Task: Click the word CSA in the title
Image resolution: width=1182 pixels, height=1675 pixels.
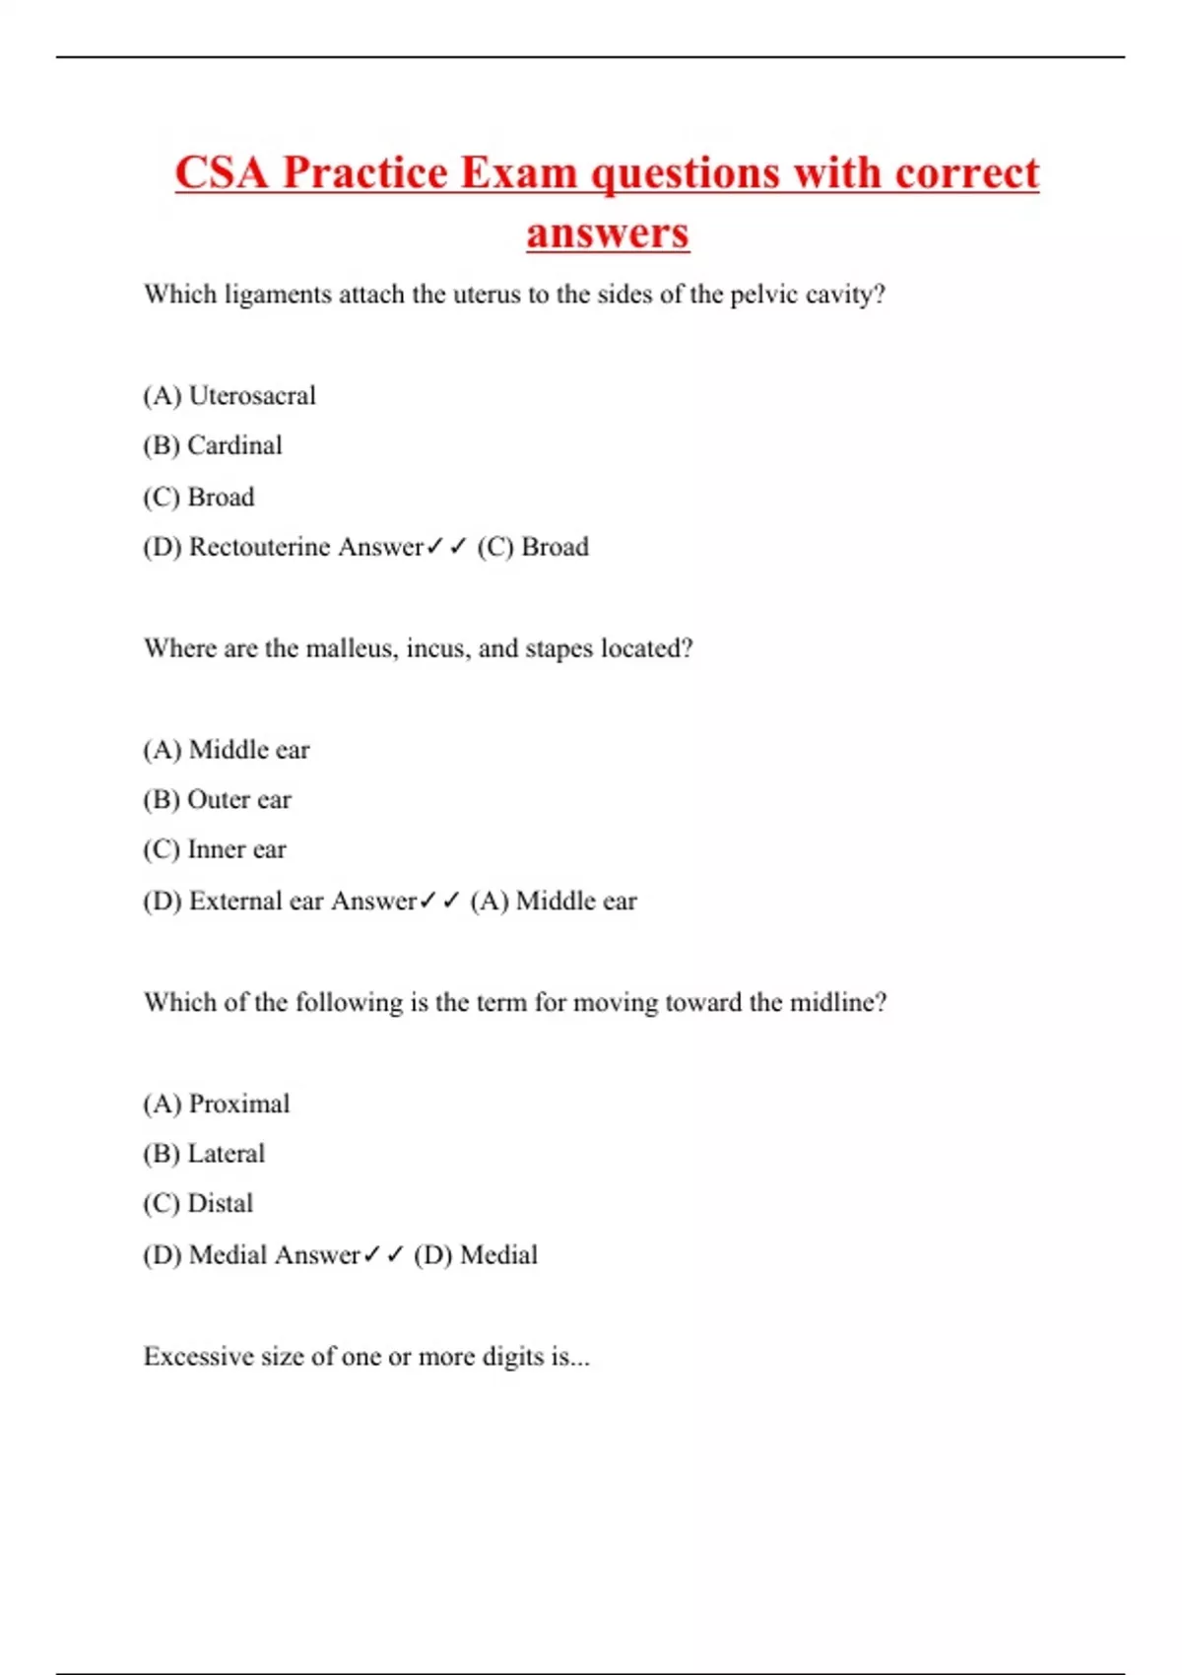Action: pyautogui.click(x=222, y=173)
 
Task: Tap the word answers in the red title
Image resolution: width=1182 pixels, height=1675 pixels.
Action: pyautogui.click(x=607, y=234)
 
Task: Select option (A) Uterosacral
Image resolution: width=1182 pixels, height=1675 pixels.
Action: pyautogui.click(x=230, y=396)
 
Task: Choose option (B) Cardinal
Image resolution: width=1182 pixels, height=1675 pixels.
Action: pyautogui.click(x=213, y=445)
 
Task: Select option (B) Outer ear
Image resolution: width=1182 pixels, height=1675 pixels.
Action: pyautogui.click(x=217, y=799)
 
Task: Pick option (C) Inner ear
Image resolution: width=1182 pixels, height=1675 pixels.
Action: pyautogui.click(x=215, y=849)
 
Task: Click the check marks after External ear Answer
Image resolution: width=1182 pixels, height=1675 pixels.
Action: pyautogui.click(x=439, y=901)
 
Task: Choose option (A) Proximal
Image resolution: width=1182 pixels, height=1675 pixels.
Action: pyautogui.click(x=217, y=1104)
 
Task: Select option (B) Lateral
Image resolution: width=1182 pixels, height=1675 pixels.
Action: pyautogui.click(x=204, y=1154)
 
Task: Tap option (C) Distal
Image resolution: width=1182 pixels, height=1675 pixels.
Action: pyautogui.click(x=198, y=1203)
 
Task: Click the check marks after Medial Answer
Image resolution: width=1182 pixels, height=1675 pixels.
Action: pyautogui.click(x=383, y=1254)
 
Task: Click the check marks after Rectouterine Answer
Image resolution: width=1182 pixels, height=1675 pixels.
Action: pyautogui.click(x=445, y=547)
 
